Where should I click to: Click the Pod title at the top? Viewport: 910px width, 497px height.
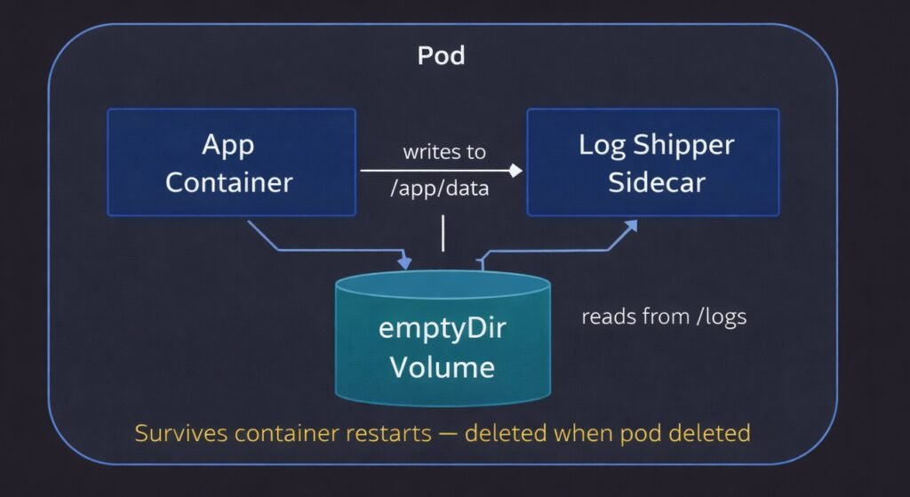[x=442, y=56]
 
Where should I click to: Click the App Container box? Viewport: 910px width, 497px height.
[x=231, y=163]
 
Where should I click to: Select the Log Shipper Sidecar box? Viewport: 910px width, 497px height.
[x=653, y=163]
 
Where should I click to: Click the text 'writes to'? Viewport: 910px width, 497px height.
[x=444, y=152]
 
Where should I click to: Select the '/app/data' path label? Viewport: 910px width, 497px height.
[x=442, y=189]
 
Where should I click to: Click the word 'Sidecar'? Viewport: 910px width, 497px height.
[x=657, y=181]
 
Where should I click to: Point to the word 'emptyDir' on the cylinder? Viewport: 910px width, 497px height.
[x=443, y=328]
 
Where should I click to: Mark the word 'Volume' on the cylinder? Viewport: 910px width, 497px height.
[x=443, y=365]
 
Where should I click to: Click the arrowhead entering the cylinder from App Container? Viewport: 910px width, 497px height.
[x=406, y=262]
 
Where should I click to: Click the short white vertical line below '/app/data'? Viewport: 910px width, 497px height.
[x=442, y=233]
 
